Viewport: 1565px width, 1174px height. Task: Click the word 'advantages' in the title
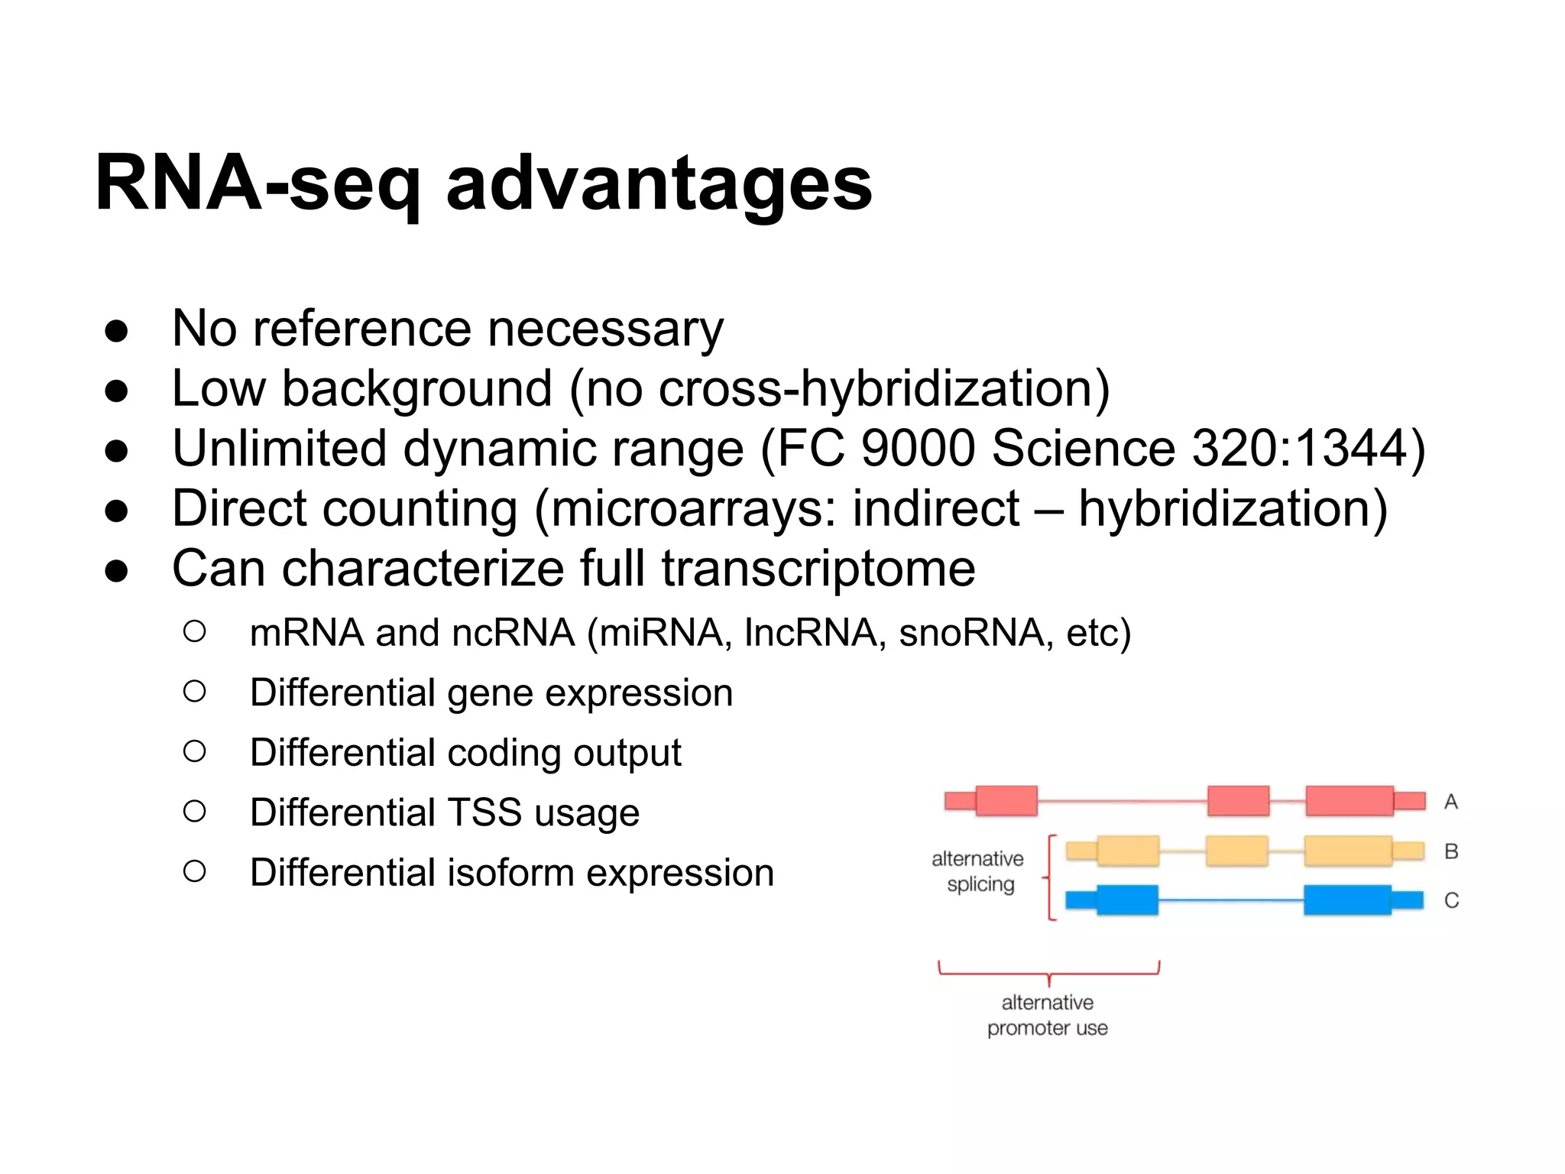click(x=659, y=183)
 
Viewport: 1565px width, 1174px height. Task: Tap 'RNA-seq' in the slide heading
click(x=258, y=183)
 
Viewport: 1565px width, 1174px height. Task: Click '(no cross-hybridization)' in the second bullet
click(x=839, y=389)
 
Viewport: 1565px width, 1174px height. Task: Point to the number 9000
click(x=918, y=449)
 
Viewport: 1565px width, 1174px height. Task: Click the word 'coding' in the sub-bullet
click(x=504, y=753)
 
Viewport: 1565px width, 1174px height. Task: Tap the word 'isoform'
click(x=510, y=873)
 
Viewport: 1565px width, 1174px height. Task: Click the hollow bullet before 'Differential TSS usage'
click(x=195, y=811)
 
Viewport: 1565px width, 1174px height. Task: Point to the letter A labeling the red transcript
click(x=1450, y=802)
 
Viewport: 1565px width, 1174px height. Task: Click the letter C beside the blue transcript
click(x=1451, y=900)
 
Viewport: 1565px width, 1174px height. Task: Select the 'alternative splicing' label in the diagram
click(x=977, y=871)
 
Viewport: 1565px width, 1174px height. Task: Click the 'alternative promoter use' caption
click(x=1047, y=1015)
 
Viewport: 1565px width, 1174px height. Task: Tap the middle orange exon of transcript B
click(x=1236, y=851)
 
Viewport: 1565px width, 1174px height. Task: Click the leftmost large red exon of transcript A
click(x=1006, y=800)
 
